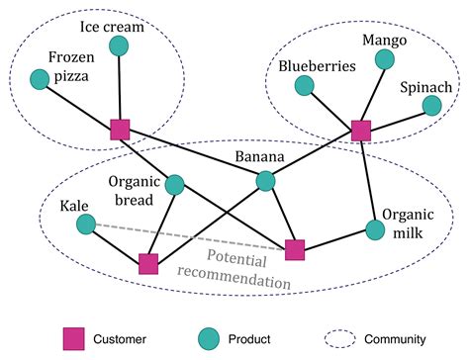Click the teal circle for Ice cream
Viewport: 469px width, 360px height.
point(119,45)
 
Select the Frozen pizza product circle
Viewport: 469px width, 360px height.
point(41,78)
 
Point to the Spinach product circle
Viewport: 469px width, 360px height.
point(432,105)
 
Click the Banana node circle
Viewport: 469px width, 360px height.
point(266,180)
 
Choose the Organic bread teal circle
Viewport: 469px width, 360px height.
point(175,184)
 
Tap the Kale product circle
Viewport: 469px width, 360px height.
point(86,225)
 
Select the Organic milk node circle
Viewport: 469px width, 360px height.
point(374,229)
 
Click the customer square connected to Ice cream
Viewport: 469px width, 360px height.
point(120,130)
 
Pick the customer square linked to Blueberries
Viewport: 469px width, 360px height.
point(361,130)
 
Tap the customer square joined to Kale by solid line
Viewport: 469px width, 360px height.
point(148,263)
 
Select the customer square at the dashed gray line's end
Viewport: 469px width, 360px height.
point(294,250)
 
